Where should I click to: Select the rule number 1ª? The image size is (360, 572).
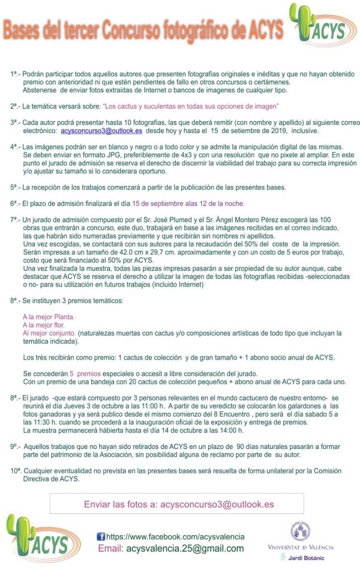15,74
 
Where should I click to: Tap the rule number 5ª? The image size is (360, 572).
15,187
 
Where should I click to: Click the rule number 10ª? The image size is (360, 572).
16,471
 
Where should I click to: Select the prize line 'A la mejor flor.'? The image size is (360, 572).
44,324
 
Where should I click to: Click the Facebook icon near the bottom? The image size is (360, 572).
101,536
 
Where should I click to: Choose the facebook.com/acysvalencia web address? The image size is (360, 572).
175,536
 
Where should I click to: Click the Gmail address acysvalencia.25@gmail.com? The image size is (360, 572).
185,549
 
